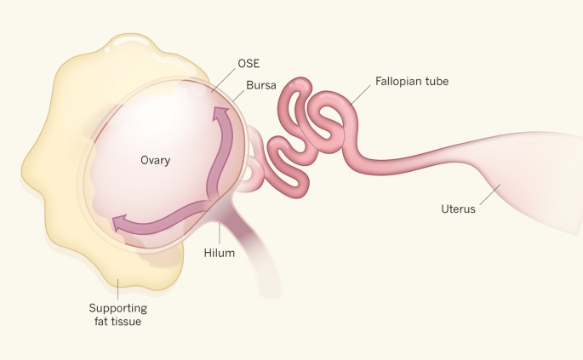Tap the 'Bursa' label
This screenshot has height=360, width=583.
tap(259, 86)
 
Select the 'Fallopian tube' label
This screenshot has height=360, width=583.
tap(412, 81)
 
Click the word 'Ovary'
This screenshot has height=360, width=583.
tap(157, 159)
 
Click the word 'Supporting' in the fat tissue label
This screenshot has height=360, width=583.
tap(119, 307)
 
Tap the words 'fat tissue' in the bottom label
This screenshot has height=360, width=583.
tap(119, 322)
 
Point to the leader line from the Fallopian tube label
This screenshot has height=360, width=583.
tap(359, 94)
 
